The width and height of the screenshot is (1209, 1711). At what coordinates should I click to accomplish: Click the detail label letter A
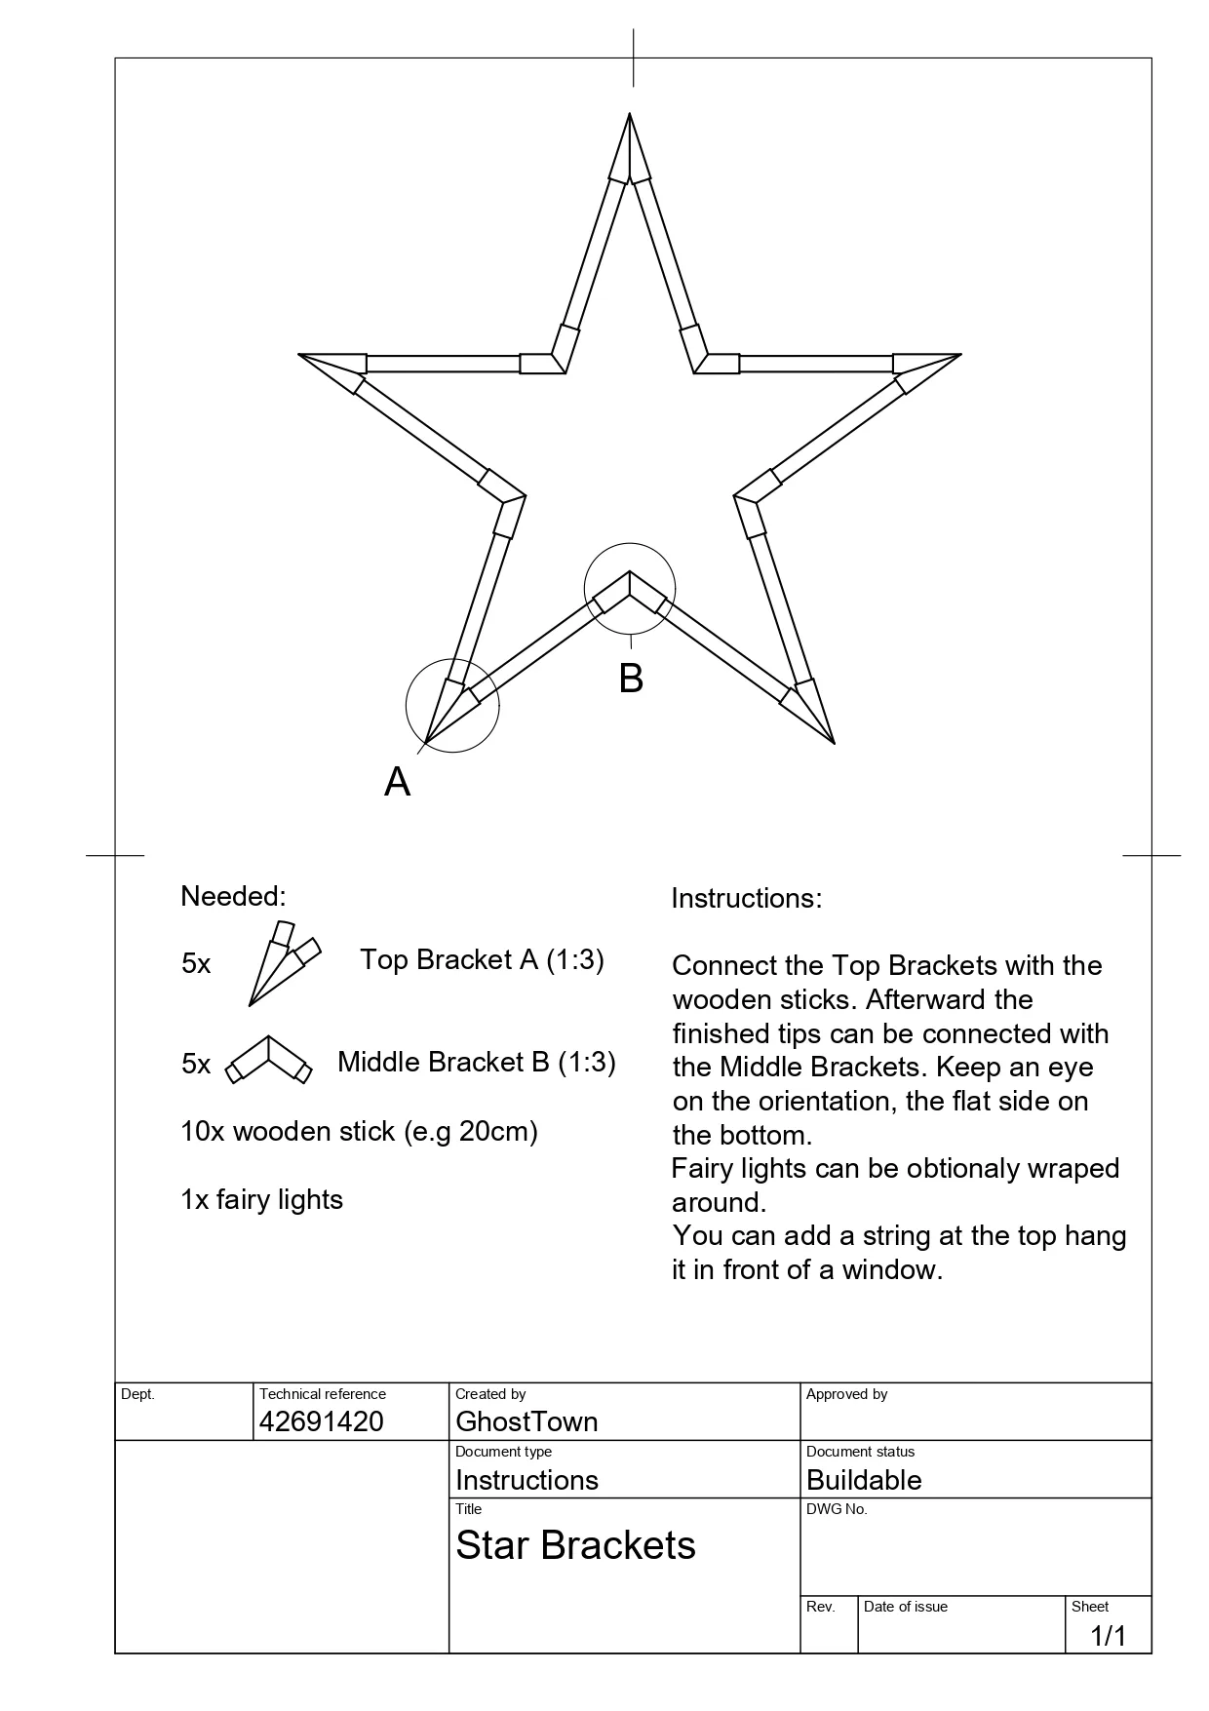pos(397,781)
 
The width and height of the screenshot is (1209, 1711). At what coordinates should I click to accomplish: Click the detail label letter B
pos(631,679)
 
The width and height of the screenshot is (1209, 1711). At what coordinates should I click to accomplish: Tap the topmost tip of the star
pos(630,116)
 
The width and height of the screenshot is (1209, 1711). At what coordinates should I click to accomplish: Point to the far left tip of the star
pos(301,355)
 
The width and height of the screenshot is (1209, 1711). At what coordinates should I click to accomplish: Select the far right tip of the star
pos(958,355)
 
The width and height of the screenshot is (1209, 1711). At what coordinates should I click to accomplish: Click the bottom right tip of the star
pos(833,741)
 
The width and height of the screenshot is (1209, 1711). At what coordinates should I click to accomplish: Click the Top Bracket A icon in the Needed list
pos(283,962)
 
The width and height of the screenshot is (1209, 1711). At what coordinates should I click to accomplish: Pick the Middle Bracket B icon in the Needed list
pos(269,1060)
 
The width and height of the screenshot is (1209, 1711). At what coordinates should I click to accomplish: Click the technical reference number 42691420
pos(322,1421)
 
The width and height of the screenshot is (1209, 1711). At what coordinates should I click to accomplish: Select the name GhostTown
pos(526,1421)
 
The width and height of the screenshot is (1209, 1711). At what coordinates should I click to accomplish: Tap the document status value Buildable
pos(864,1480)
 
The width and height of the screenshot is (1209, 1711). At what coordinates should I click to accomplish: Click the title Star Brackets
pos(575,1545)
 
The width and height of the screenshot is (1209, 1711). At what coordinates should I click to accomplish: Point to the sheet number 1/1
pos(1108,1635)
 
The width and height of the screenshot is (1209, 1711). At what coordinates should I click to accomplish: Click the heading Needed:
pos(233,896)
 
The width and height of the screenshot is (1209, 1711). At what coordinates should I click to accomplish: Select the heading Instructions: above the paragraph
pos(747,898)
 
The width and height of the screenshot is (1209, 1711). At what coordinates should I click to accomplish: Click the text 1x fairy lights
pos(261,1199)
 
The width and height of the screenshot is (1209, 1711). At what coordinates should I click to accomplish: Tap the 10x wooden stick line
pos(359,1131)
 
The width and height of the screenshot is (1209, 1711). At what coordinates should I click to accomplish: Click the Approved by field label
pos(846,1394)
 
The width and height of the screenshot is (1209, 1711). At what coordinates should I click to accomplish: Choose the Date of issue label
pos(905,1607)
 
